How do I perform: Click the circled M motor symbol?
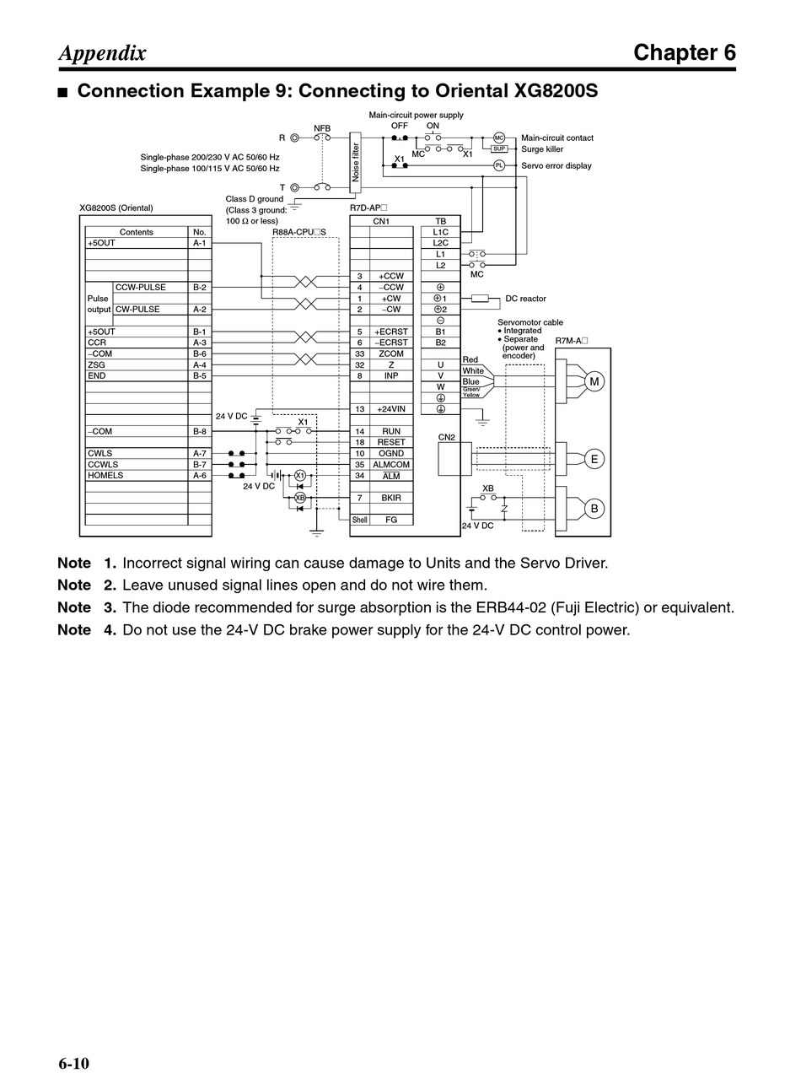pyautogui.click(x=594, y=382)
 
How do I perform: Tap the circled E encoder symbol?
pyautogui.click(x=594, y=459)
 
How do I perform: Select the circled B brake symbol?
pyautogui.click(x=594, y=509)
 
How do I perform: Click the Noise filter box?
pyautogui.click(x=355, y=162)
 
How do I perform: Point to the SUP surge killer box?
pyautogui.click(x=499, y=148)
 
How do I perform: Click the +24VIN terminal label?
pyautogui.click(x=391, y=409)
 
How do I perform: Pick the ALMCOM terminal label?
pyautogui.click(x=391, y=465)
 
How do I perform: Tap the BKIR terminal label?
pyautogui.click(x=391, y=498)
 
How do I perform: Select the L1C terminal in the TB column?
pyautogui.click(x=440, y=232)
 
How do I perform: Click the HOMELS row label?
pyautogui.click(x=105, y=476)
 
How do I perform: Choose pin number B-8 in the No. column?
pyautogui.click(x=199, y=432)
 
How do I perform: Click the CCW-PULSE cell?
pyautogui.click(x=141, y=288)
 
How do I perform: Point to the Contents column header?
pyautogui.click(x=137, y=232)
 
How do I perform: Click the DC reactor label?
pyautogui.click(x=525, y=299)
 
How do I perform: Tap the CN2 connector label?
pyautogui.click(x=447, y=437)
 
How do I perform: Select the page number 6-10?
pyautogui.click(x=74, y=1063)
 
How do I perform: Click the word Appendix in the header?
pyautogui.click(x=102, y=53)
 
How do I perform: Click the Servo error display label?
pyautogui.click(x=556, y=166)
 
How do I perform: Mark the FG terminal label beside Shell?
pyautogui.click(x=391, y=520)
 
